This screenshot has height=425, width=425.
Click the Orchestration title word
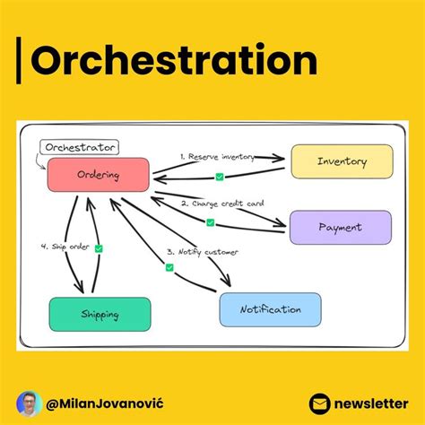pos(174,62)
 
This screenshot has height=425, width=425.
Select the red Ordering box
pos(98,175)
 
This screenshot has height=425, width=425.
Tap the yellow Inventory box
pos(341,161)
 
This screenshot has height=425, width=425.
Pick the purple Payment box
pos(340,227)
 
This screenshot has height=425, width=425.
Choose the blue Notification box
pos(270,309)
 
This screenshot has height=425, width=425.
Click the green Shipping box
pos(100,314)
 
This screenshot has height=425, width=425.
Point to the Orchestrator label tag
pos(81,146)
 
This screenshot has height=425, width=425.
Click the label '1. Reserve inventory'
pos(219,156)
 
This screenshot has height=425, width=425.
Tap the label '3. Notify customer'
pos(202,252)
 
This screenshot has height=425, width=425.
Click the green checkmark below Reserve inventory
pos(220,177)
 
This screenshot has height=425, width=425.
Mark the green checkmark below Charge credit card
pos(212,221)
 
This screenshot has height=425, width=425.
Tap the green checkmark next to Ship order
pos(99,247)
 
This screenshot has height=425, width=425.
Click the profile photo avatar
pos(30,403)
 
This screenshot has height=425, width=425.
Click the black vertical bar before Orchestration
pos(20,62)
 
